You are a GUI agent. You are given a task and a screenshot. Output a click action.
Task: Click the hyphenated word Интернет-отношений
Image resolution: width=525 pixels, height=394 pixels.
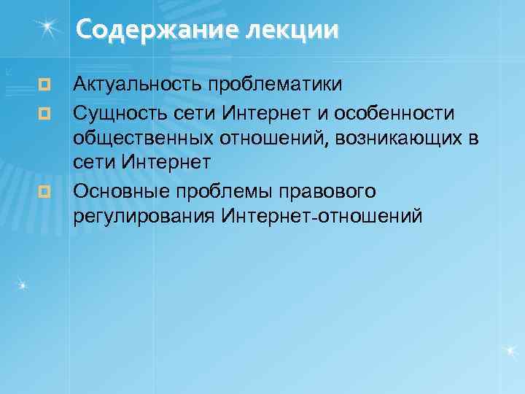point(322,217)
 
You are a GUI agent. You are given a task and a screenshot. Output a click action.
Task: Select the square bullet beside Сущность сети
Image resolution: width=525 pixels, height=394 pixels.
point(45,115)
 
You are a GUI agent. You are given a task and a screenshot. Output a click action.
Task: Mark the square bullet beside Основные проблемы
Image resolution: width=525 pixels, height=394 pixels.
point(45,191)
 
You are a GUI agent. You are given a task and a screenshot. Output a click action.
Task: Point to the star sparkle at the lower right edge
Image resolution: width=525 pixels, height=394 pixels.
point(511,351)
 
